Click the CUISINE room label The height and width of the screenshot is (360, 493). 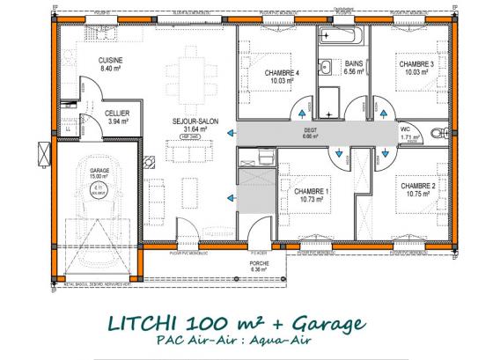109,59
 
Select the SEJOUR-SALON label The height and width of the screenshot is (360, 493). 189,121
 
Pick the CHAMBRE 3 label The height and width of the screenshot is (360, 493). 416,64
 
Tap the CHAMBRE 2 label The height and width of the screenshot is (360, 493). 417,186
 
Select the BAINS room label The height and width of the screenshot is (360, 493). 355,64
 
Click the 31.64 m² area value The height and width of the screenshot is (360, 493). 189,129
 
